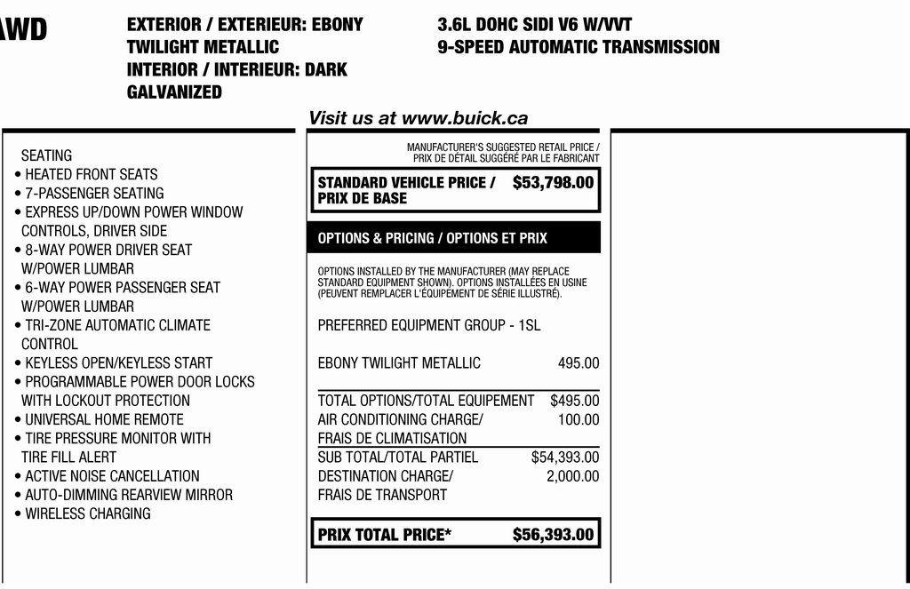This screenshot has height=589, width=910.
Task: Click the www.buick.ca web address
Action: (465, 118)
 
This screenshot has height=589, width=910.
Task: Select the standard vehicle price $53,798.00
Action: (553, 183)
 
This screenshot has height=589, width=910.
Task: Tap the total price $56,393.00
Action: (553, 535)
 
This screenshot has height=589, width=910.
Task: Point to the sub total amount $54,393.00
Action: (565, 458)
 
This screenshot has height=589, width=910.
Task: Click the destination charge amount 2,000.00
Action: (572, 476)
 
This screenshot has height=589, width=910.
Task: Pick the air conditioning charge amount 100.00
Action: (579, 419)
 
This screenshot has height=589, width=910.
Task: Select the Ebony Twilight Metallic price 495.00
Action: (579, 363)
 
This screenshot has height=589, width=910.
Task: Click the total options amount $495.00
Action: (574, 401)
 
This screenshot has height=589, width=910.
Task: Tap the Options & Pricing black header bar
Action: (454, 238)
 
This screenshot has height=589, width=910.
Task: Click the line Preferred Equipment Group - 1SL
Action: (428, 325)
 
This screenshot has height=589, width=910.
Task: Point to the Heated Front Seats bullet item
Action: (91, 174)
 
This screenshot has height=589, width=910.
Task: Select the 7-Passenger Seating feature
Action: (94, 193)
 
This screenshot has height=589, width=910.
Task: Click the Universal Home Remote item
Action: (104, 419)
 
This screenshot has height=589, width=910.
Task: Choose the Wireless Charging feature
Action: (87, 513)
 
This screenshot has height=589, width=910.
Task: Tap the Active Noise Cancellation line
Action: (112, 476)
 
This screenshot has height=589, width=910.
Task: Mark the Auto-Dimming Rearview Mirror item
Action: (128, 495)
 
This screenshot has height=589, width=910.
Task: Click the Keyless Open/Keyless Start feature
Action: (118, 362)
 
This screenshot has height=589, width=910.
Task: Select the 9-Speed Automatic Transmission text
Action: (579, 47)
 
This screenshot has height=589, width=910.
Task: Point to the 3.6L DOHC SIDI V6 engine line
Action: (535, 25)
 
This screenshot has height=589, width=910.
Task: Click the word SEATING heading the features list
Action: (46, 155)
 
